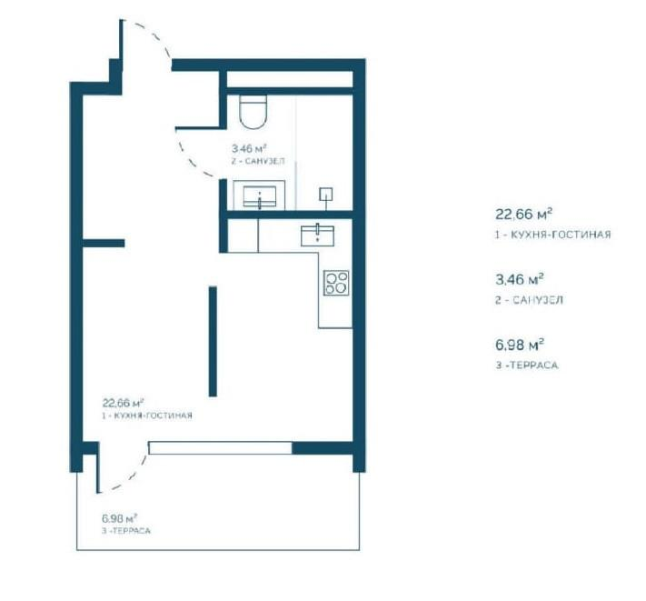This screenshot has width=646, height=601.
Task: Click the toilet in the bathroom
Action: (x=253, y=112)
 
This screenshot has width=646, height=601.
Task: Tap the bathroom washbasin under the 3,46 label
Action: (x=259, y=195)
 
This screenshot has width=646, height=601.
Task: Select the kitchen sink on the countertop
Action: (x=317, y=235)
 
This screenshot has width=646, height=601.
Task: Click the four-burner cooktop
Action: (x=336, y=283)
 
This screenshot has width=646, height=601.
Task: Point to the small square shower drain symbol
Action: (x=326, y=195)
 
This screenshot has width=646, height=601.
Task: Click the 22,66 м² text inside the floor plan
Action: (x=123, y=403)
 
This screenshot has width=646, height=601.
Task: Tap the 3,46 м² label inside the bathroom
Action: (x=249, y=148)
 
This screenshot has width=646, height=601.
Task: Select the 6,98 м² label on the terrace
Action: (x=119, y=517)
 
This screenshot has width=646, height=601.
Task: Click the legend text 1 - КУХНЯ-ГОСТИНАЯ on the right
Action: (x=553, y=235)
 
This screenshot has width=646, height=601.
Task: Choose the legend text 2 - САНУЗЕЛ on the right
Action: (x=529, y=300)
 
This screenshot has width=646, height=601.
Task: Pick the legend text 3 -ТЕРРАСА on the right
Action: (x=527, y=366)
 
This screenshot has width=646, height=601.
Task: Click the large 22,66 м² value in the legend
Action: (x=523, y=215)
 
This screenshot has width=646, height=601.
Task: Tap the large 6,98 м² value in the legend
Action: (x=520, y=345)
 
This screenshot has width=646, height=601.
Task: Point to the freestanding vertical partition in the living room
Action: (x=213, y=341)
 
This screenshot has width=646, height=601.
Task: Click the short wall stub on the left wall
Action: (x=104, y=243)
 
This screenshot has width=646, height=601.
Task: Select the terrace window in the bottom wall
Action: (x=221, y=448)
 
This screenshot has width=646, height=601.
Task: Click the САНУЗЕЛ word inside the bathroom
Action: (x=264, y=161)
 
